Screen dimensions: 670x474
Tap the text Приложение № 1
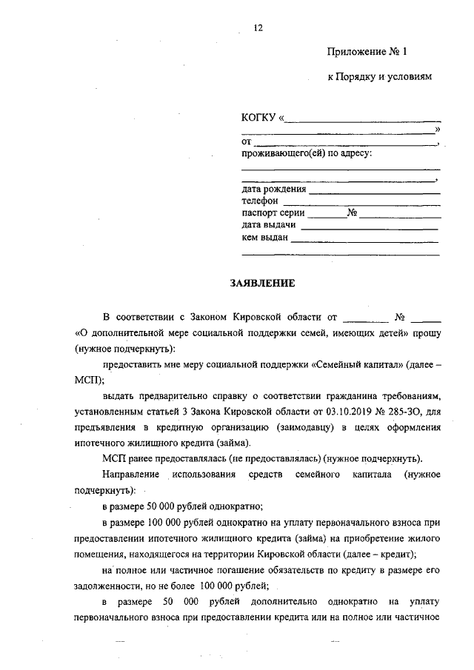[x=368, y=52]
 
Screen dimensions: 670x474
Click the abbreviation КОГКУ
[x=257, y=118]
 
